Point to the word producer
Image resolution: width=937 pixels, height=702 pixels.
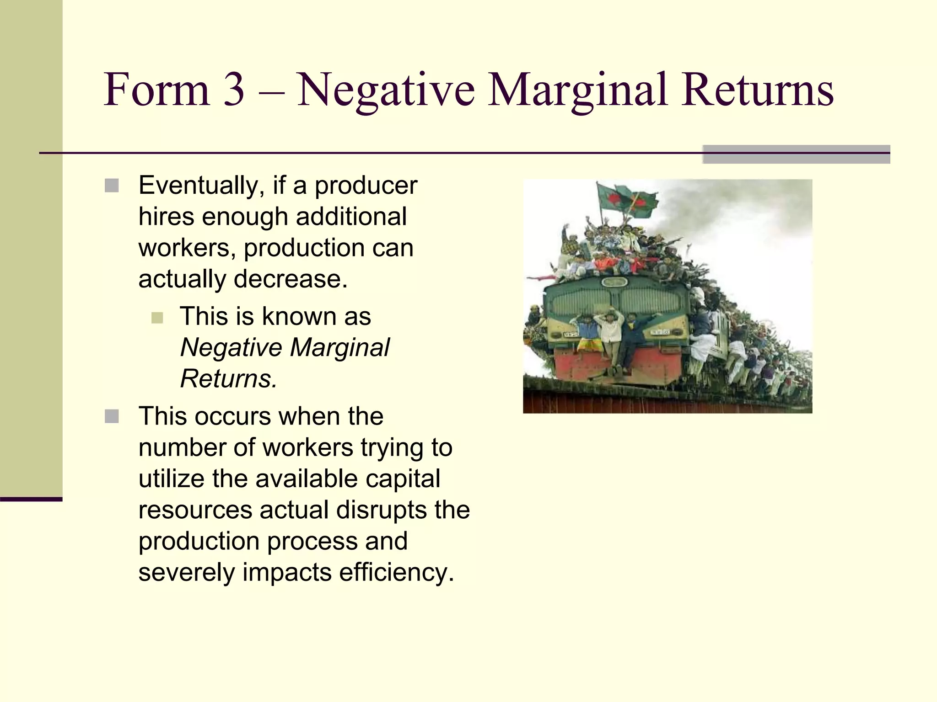point(366,186)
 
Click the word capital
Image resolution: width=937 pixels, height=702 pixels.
point(403,479)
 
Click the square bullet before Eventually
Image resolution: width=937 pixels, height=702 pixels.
point(112,186)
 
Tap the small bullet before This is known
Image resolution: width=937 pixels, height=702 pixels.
point(157,318)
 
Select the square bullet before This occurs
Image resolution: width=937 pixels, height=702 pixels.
point(112,416)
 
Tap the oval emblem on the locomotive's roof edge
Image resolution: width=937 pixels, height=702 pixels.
point(615,282)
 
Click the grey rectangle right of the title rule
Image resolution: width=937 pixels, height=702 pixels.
point(796,154)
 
